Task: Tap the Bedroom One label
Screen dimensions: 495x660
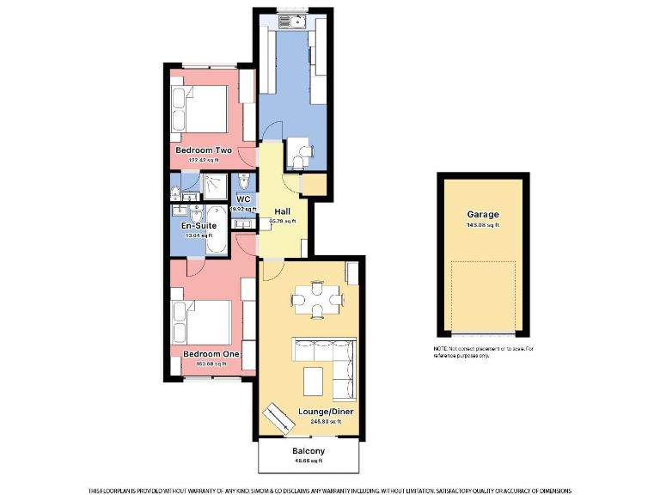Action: point(211,354)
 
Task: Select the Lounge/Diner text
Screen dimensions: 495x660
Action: point(326,412)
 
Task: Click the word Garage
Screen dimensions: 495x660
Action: point(483,215)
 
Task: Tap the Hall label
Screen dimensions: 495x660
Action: point(282,211)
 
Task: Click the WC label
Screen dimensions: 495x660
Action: point(243,199)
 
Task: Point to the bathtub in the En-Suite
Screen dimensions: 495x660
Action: point(215,230)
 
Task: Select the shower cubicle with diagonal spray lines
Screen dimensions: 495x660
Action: point(211,184)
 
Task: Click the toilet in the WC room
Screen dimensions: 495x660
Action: point(245,182)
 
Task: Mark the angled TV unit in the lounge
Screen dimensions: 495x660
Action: point(278,420)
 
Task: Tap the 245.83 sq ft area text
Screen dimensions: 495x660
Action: point(326,421)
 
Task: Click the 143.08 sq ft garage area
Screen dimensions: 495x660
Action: point(483,225)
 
